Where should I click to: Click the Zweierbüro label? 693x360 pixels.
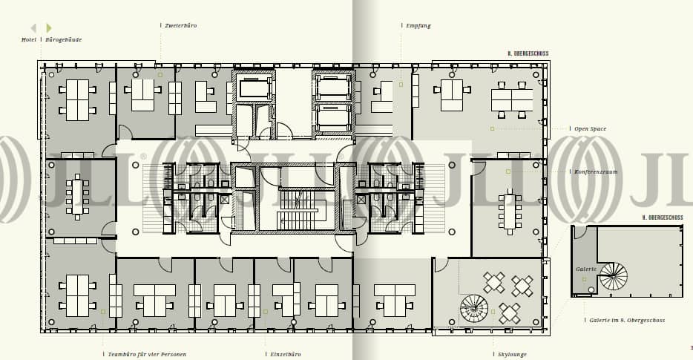[x=180, y=25]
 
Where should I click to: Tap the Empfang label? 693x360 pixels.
[x=418, y=25]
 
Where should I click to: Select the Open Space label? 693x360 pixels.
[x=590, y=128]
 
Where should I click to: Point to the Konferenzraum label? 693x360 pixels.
[x=596, y=171]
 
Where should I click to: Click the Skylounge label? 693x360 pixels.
[x=512, y=354]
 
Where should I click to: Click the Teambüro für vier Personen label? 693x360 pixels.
[x=147, y=354]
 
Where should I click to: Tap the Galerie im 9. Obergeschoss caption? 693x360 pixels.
[x=627, y=320]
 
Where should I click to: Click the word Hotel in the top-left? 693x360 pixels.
[x=29, y=39]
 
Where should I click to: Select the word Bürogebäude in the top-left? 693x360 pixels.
[x=64, y=39]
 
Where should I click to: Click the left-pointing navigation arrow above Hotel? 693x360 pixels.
[x=33, y=28]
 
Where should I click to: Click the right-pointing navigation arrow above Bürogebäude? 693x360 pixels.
[x=49, y=28]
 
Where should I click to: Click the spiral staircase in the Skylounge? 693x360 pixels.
[x=474, y=308]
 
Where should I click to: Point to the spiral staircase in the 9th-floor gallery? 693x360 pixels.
[x=614, y=276]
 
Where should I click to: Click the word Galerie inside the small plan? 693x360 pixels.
[x=585, y=269]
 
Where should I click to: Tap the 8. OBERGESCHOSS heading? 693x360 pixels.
[x=528, y=54]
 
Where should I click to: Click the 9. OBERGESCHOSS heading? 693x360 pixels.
[x=663, y=217]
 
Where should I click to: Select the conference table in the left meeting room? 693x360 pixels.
[x=77, y=197]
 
